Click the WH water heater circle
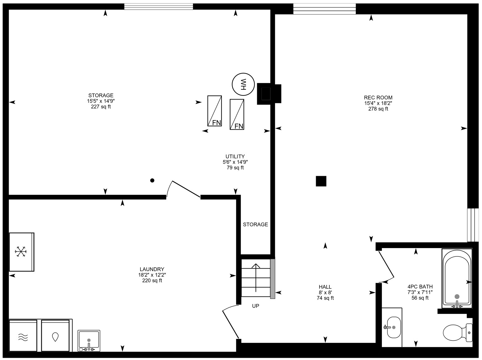243,84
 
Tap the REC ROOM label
378,97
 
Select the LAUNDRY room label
152,269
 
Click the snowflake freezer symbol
21,251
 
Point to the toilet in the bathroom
457,333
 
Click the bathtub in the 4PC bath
457,278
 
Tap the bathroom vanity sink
394,327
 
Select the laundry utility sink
89,340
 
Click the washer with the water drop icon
55,335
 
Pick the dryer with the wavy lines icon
23,335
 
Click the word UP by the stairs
256,306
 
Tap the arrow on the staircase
256,278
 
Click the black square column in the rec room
321,181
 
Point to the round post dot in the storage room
152,180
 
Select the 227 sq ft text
101,107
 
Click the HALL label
325,287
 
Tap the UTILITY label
235,157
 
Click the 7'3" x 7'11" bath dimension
420,292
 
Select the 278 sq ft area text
378,109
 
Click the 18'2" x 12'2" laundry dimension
152,275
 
